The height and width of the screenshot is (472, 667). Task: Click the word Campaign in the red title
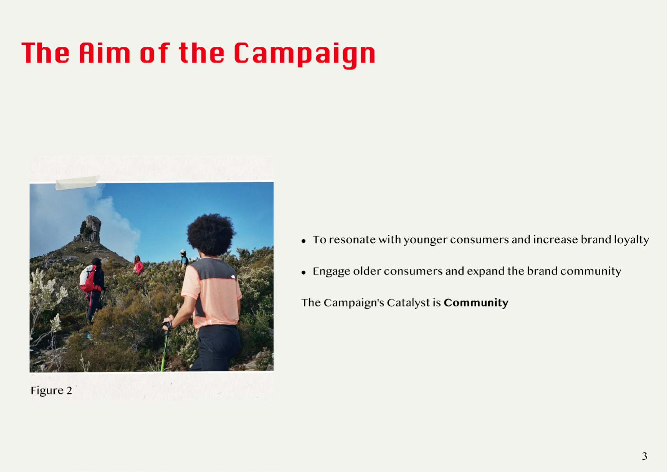[304, 54]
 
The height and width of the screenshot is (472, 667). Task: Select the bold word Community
[476, 303]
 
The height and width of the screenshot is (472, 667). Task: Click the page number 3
[644, 456]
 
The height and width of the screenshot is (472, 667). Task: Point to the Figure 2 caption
[51, 391]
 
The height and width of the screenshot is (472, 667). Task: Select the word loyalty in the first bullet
[632, 240]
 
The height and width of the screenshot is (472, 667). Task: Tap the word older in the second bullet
[367, 271]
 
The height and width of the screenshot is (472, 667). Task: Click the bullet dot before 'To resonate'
[303, 241]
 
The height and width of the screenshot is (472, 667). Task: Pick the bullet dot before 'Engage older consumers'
[303, 272]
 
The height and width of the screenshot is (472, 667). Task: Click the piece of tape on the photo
[77, 183]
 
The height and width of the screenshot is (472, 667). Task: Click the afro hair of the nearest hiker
[211, 234]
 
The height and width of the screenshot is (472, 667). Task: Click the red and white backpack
[89, 278]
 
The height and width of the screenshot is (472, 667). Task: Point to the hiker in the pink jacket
[138, 265]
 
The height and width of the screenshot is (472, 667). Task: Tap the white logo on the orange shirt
[233, 277]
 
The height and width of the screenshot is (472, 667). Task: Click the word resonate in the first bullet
[353, 240]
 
